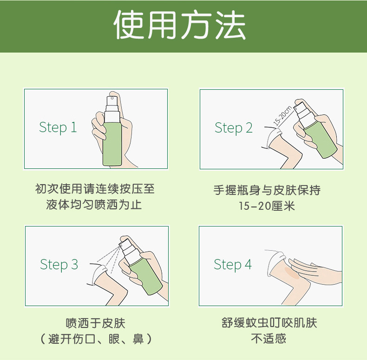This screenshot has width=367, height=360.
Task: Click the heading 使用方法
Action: pyautogui.click(x=179, y=25)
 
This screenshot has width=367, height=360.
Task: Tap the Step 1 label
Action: pyautogui.click(x=58, y=127)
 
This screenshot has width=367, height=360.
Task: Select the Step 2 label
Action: pyautogui.click(x=234, y=128)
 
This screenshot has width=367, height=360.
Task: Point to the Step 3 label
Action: pyautogui.click(x=59, y=265)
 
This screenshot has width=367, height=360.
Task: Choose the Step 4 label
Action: pyautogui.click(x=233, y=265)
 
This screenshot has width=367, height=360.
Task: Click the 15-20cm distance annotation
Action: pyautogui.click(x=282, y=116)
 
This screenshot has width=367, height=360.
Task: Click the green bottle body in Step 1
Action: pyautogui.click(x=112, y=144)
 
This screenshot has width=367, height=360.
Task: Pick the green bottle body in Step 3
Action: pyautogui.click(x=145, y=276)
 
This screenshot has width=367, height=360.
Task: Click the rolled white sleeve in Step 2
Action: pyautogui.click(x=272, y=137)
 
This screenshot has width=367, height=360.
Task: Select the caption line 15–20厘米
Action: pyautogui.click(x=267, y=206)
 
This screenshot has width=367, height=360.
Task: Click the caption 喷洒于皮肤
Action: pyautogui.click(x=96, y=323)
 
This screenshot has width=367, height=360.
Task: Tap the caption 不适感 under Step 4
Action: pyautogui.click(x=269, y=339)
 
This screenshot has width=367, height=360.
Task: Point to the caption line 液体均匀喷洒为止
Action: pyautogui.click(x=94, y=205)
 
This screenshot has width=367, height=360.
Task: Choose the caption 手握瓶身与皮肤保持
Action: pyautogui.click(x=267, y=190)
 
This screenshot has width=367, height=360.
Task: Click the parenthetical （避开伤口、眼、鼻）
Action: pyautogui.click(x=96, y=339)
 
